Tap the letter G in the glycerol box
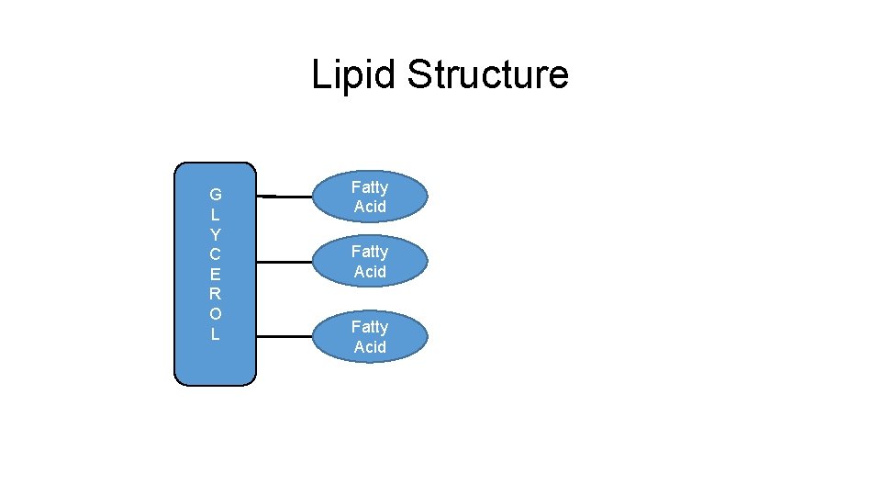[215, 195]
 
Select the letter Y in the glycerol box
[215, 234]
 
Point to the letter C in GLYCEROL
[215, 254]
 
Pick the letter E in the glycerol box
[215, 275]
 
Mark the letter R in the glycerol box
[215, 294]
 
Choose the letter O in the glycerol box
[215, 314]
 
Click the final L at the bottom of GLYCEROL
[215, 334]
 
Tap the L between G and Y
[215, 215]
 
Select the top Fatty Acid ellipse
[370, 197]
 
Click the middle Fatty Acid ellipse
[370, 262]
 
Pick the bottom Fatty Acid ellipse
[370, 337]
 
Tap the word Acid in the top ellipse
[370, 207]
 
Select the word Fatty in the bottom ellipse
[370, 327]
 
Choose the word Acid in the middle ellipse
[370, 272]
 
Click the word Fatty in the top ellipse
[370, 187]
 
